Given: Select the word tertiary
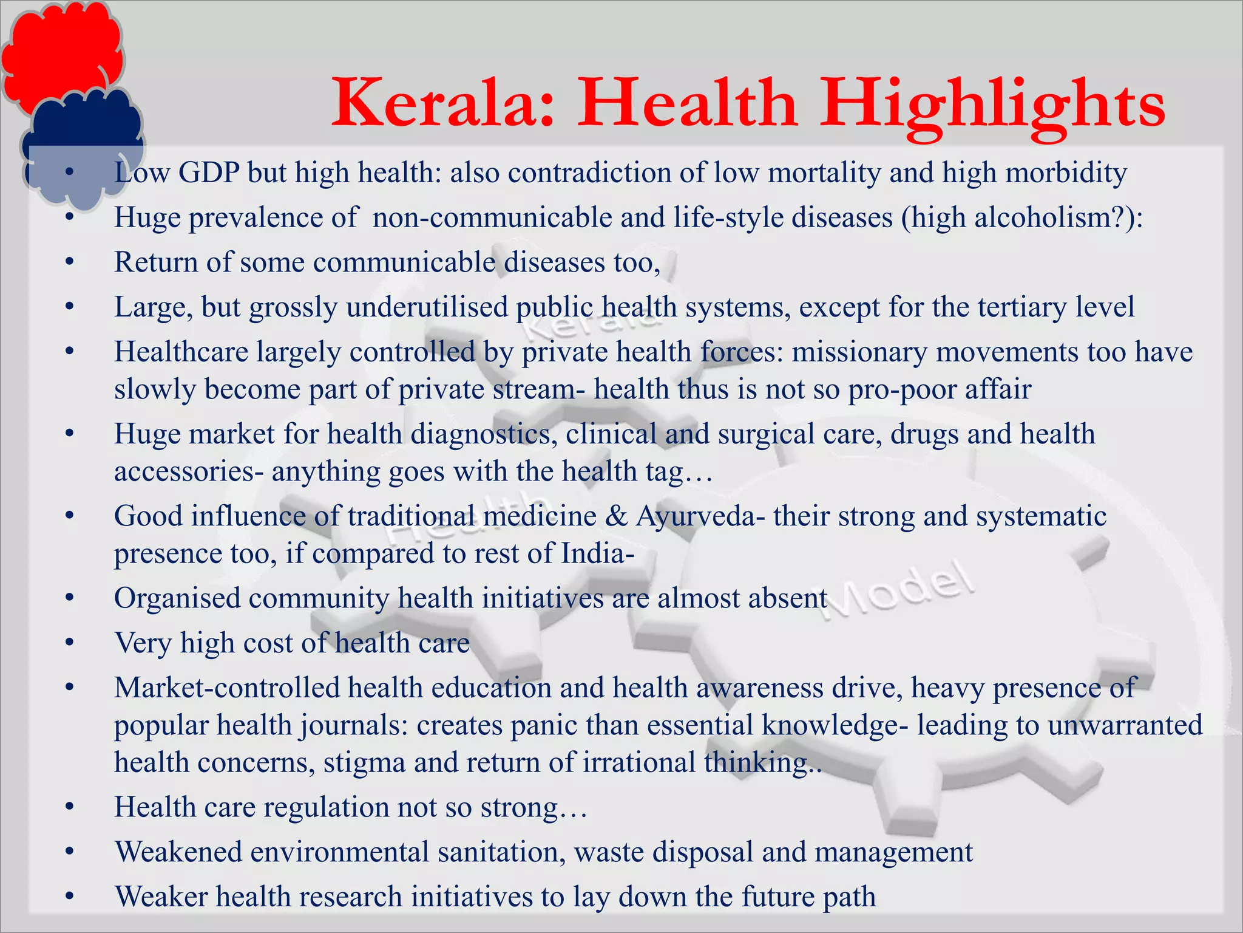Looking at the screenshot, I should point(1023,307).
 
